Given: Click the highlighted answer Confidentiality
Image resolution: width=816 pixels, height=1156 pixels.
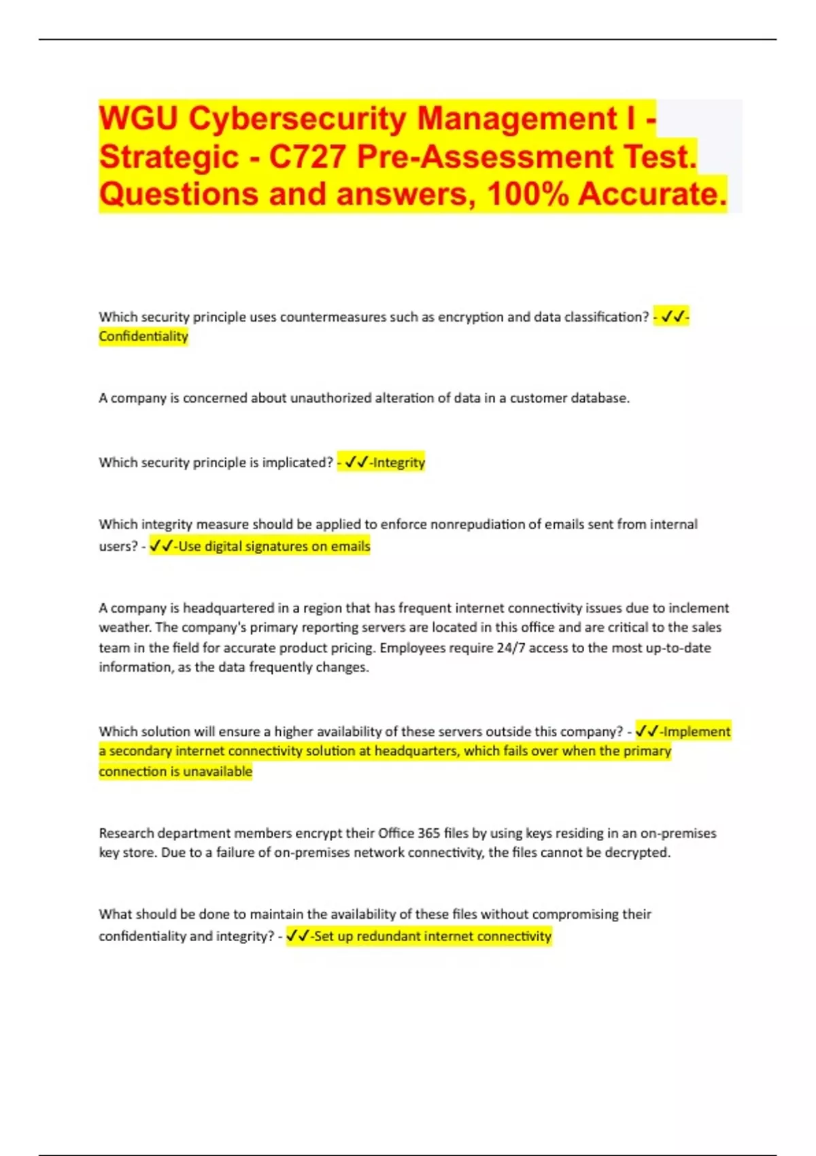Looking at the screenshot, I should (143, 337).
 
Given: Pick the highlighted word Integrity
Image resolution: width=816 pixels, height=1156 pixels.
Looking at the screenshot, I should (399, 463).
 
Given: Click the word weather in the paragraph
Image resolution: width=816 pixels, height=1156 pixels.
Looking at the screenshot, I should (125, 628).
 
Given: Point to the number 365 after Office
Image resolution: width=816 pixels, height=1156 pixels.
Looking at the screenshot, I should (428, 833).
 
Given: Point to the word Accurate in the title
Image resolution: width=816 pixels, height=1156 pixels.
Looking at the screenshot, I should (652, 194).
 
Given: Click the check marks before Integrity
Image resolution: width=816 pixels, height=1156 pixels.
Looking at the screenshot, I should (356, 463).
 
